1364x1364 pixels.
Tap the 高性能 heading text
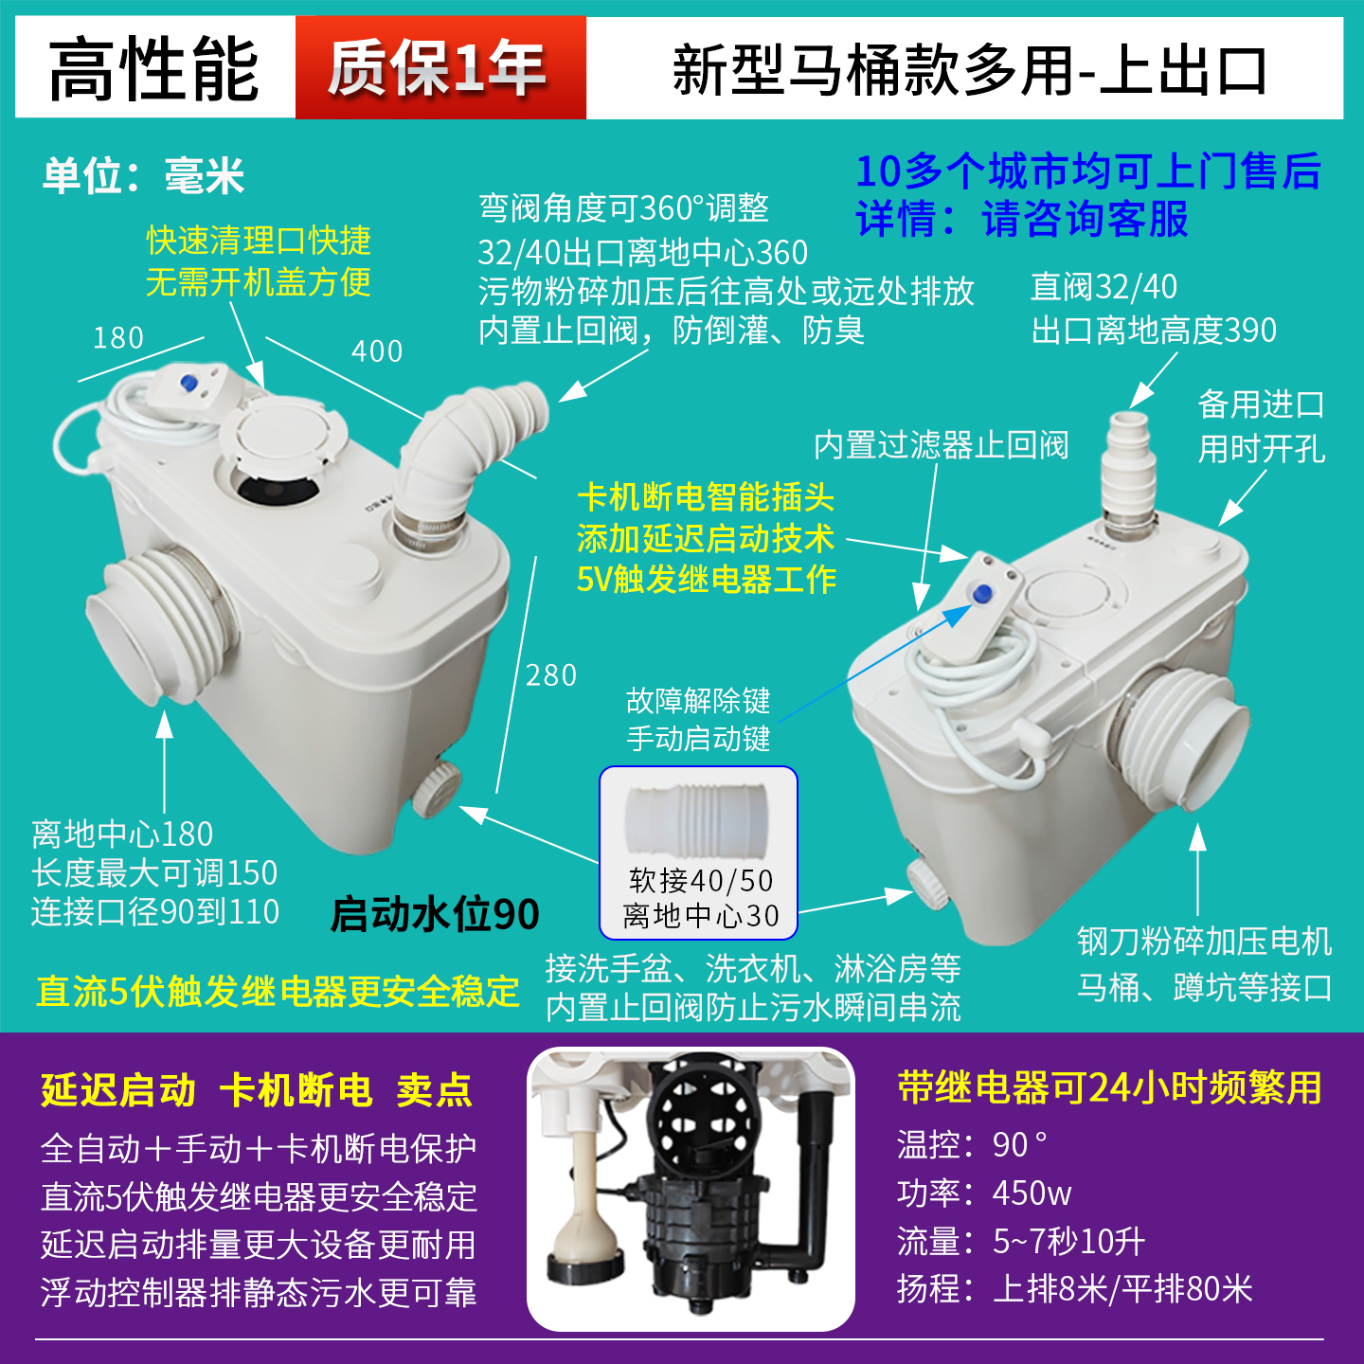click(154, 69)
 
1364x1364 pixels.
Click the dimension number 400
click(377, 351)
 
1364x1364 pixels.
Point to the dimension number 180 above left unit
click(118, 338)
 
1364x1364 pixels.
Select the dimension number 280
click(550, 675)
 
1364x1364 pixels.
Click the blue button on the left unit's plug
click(188, 384)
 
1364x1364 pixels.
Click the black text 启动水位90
click(435, 915)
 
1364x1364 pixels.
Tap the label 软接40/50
click(701, 881)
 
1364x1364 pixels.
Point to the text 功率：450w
click(984, 1193)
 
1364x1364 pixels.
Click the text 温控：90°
click(972, 1145)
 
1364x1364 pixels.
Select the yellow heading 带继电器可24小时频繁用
click(1109, 1088)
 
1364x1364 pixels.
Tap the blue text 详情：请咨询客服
click(1022, 220)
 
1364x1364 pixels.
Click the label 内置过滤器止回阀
click(941, 445)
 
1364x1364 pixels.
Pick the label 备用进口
click(1261, 404)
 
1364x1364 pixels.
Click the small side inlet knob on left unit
click(436, 786)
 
